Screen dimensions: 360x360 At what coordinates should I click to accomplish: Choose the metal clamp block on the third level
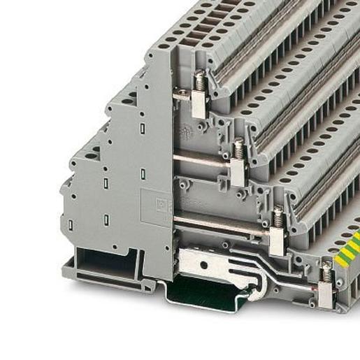click(277, 240)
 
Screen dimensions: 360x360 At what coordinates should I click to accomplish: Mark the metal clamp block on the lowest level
click(325, 294)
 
